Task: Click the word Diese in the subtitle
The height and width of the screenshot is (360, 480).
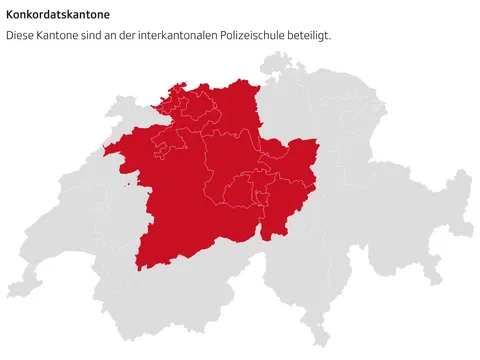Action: click(22, 35)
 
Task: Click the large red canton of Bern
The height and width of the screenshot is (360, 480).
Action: click(175, 200)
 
